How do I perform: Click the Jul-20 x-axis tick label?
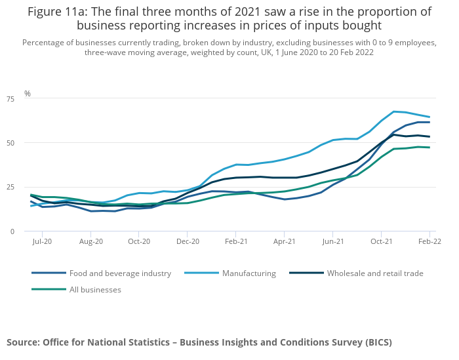(42, 242)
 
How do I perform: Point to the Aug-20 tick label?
(91, 242)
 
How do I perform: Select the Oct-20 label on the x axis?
(139, 242)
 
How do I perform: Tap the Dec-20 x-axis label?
(188, 242)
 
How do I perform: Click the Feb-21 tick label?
(236, 242)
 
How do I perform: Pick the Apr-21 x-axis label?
(285, 242)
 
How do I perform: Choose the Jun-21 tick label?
(333, 242)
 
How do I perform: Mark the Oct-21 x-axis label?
(381, 242)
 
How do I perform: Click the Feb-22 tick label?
(429, 242)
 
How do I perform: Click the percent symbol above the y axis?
(28, 94)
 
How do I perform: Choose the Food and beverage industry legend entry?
(120, 273)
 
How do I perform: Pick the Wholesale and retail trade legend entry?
(375, 273)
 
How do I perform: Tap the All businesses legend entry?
(95, 289)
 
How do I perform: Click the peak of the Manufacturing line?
(393, 111)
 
